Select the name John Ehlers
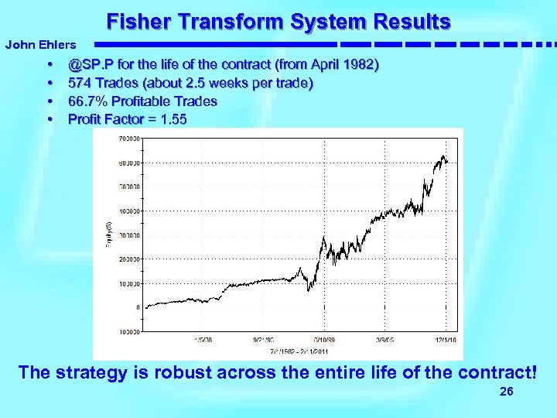pos(40,46)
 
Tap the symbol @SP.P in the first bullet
pos(91,63)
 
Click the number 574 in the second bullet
pos(79,82)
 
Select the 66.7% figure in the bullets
pos(87,101)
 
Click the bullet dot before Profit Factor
pos(50,119)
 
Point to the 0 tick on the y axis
pos(137,307)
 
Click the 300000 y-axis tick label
pos(128,235)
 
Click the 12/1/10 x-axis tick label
pos(444,339)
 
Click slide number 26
pos(507,392)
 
